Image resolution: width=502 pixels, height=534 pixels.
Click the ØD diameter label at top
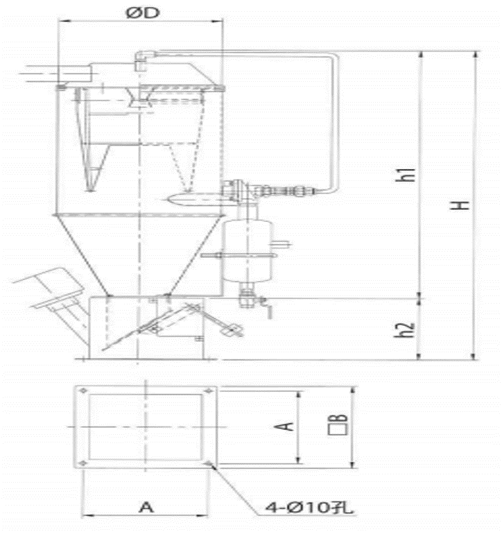coord(143,13)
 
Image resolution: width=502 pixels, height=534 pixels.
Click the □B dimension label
coord(338,424)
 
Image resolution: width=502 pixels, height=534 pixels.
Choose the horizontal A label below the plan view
coord(146,507)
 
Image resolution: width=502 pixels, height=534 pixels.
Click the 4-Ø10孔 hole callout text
coord(309,508)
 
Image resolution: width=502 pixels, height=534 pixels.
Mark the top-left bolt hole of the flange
coord(83,390)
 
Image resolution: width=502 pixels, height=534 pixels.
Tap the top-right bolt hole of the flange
coord(208,390)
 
